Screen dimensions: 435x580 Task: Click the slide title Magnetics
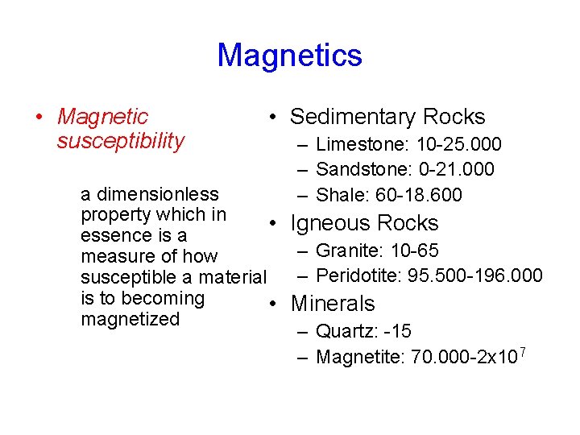click(x=289, y=56)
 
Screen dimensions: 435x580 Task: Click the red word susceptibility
click(x=121, y=142)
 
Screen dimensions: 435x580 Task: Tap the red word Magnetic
click(x=103, y=118)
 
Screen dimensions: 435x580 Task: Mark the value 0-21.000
click(x=457, y=170)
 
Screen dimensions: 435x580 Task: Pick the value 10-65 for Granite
click(x=415, y=251)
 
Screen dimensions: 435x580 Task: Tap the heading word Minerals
click(x=333, y=304)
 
